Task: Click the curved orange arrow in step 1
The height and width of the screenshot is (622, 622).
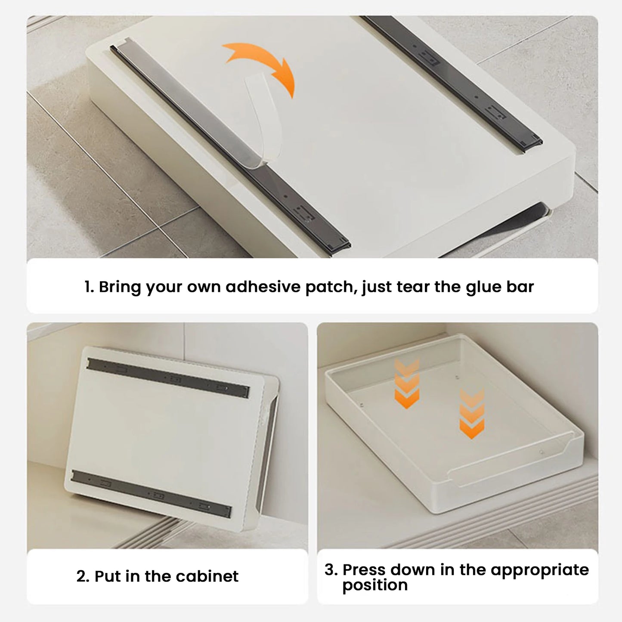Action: coord(271,61)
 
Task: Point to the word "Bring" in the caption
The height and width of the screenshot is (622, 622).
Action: coord(120,287)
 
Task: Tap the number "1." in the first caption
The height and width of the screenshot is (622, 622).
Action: coord(89,287)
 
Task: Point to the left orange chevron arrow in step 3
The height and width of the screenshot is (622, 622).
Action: coord(407,383)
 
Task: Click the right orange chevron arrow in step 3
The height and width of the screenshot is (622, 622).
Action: coord(472,414)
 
